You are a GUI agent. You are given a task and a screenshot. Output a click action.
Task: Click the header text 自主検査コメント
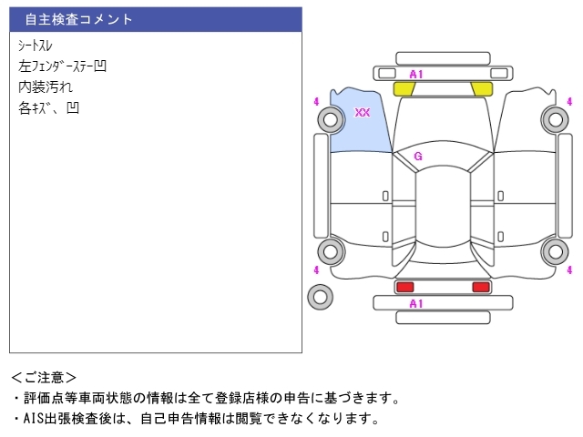click(x=79, y=19)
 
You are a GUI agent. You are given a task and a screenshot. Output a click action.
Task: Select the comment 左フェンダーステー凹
click(x=63, y=66)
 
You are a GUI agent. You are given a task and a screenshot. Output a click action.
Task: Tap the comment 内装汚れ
click(x=46, y=86)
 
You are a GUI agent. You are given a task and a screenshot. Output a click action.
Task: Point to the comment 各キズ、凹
click(x=48, y=107)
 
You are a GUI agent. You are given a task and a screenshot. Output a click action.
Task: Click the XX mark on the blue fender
click(x=362, y=113)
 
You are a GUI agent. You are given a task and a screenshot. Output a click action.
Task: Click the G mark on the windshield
click(x=418, y=156)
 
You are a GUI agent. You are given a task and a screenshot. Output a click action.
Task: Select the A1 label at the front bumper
click(x=416, y=74)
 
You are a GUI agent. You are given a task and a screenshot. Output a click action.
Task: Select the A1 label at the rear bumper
click(x=416, y=303)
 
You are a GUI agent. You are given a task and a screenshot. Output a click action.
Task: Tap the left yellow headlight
click(x=404, y=88)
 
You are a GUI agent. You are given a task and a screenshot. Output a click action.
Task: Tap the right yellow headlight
click(x=481, y=88)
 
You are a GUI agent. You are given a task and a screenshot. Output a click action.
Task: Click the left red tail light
click(x=404, y=288)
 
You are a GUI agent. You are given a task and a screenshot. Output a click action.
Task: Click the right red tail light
click(x=480, y=288)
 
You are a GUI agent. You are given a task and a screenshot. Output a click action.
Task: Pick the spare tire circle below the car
click(x=320, y=296)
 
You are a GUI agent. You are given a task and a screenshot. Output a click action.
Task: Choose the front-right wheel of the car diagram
click(x=553, y=117)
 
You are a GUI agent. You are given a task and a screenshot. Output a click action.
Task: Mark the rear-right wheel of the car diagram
click(x=553, y=251)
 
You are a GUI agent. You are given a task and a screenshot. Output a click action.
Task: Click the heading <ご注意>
click(x=44, y=377)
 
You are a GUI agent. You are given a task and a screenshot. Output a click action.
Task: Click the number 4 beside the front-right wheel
click(x=570, y=101)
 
